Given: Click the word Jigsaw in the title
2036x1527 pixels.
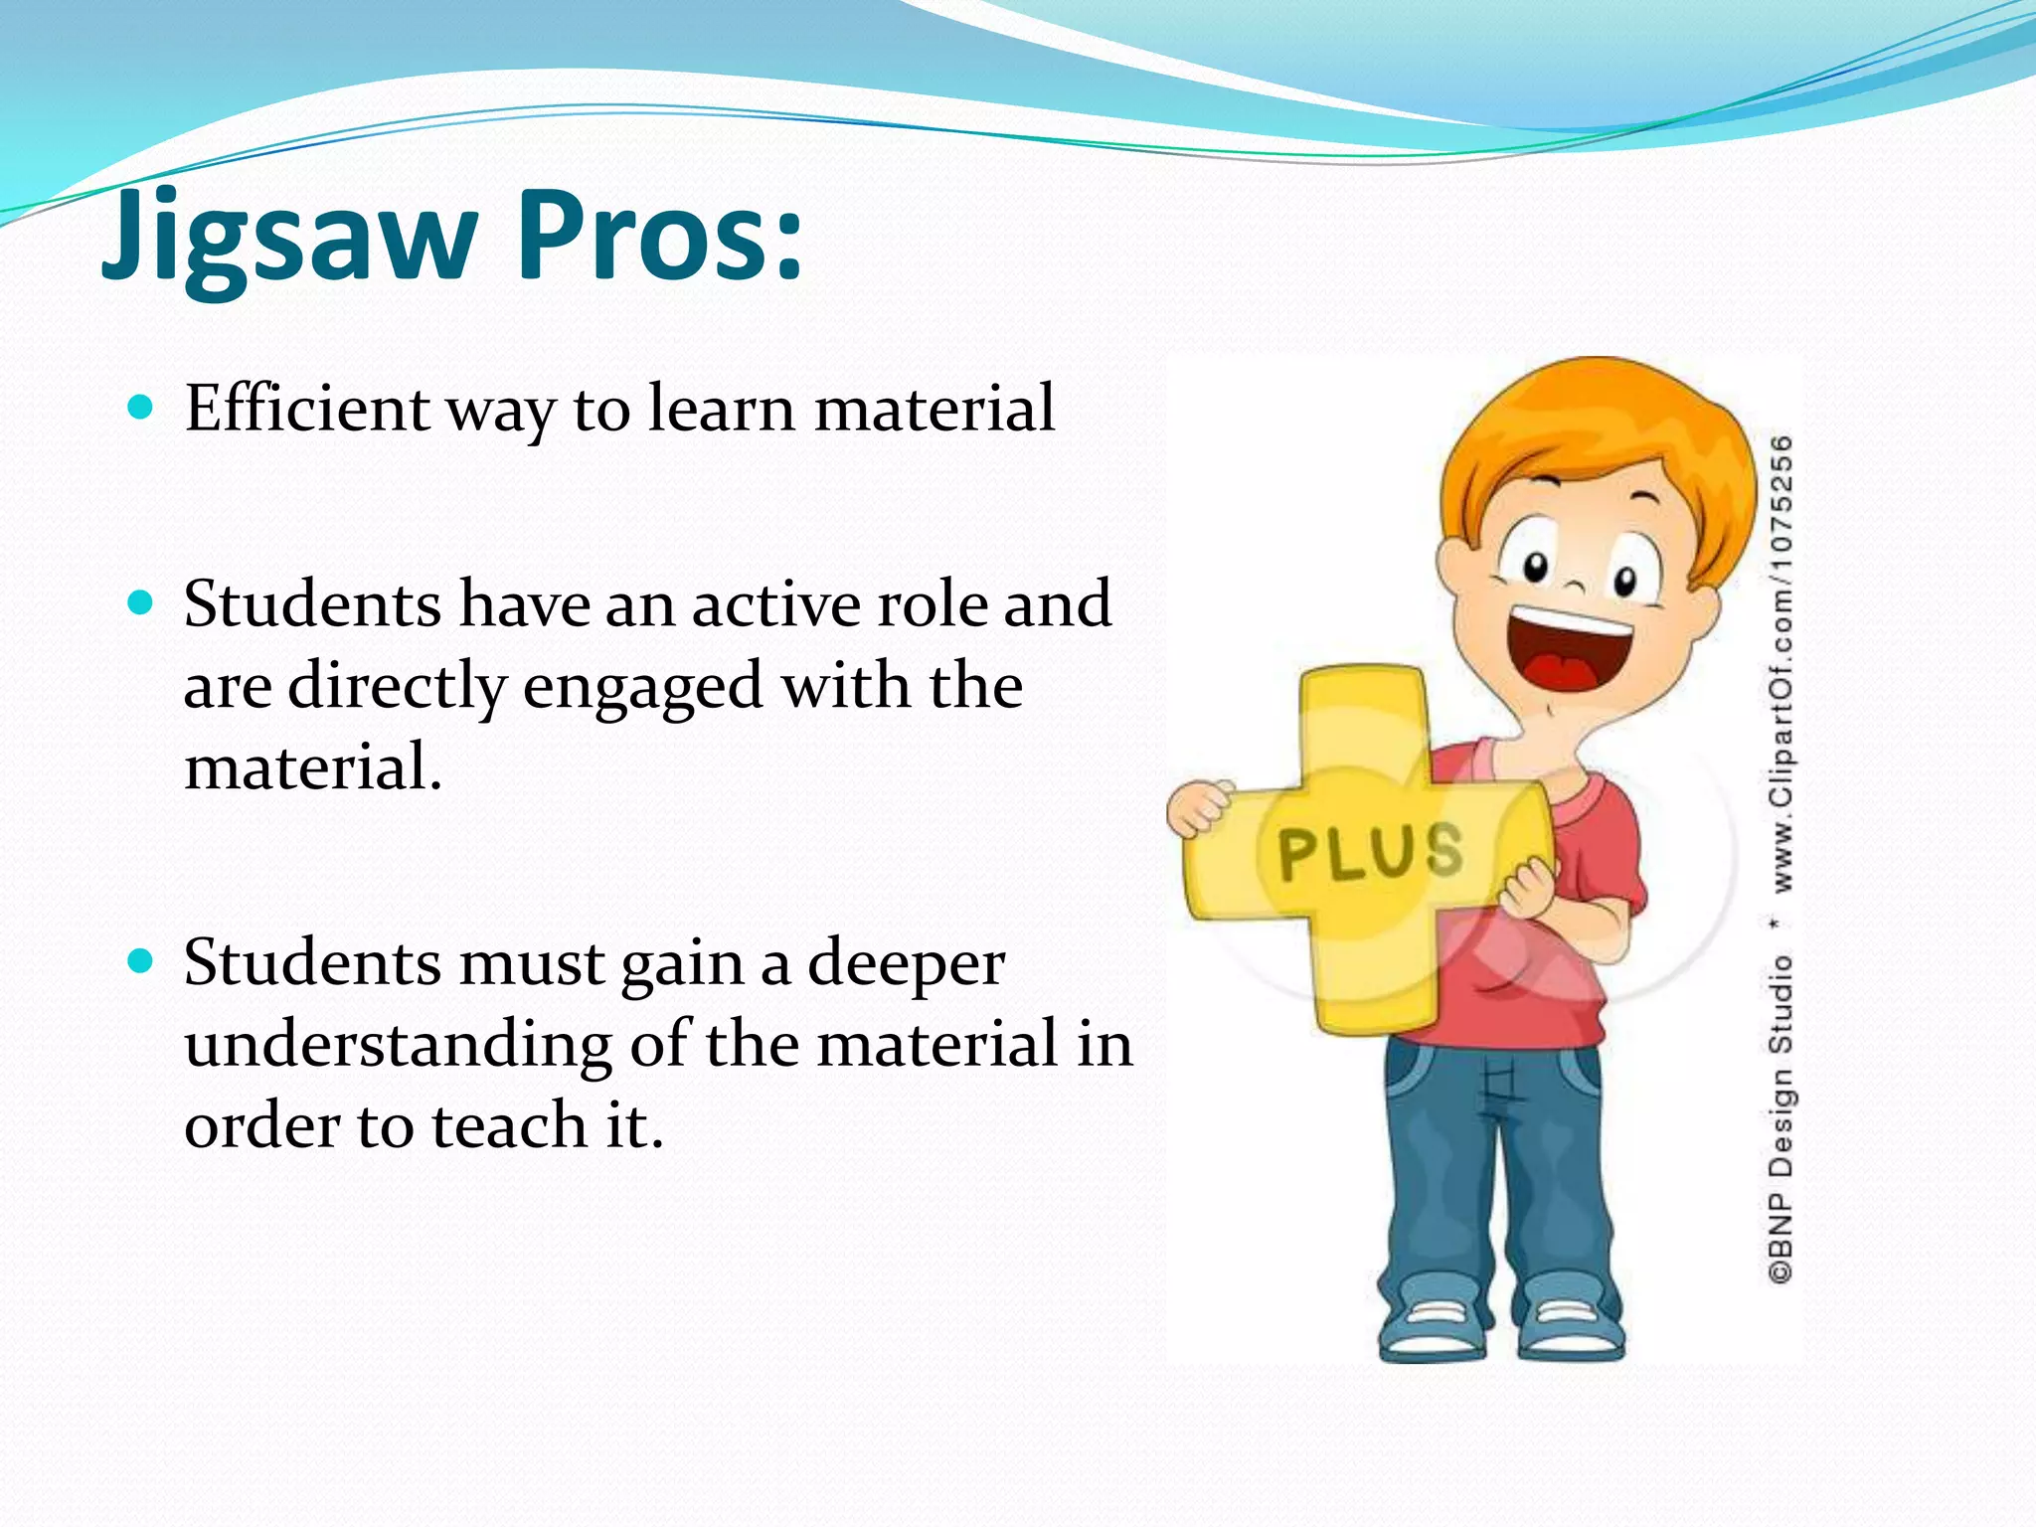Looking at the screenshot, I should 289,239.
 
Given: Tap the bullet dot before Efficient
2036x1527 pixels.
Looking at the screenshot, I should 141,407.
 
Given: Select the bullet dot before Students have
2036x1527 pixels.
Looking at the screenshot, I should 141,602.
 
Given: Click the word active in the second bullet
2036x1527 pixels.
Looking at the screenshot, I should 775,604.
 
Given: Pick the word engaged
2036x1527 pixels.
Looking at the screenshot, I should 642,688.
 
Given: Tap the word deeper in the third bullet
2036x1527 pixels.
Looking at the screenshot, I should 906,964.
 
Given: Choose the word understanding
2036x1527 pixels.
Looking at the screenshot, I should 399,1046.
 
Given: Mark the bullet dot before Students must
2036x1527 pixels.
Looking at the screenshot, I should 141,960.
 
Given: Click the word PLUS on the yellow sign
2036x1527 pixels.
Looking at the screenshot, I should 1371,852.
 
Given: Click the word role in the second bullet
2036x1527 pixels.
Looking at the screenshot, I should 931,604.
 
